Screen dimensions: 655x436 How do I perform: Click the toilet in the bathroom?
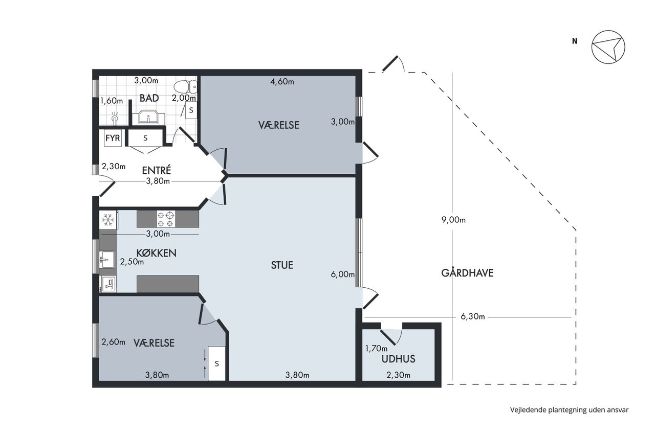pos(186,87)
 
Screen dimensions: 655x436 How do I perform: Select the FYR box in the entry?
pos(113,138)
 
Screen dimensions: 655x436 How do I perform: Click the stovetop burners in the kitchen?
pos(166,219)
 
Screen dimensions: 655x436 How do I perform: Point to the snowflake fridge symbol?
pos(108,220)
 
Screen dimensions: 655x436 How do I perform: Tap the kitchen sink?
pos(106,259)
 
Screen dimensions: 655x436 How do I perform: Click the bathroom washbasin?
pos(148,117)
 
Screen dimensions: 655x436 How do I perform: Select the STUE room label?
pos(282,265)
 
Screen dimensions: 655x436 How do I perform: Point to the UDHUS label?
pos(398,359)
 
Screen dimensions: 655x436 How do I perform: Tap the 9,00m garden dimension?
pos(453,220)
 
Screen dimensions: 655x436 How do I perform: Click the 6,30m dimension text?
pos(472,316)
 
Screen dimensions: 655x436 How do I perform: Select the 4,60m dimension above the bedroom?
pos(282,81)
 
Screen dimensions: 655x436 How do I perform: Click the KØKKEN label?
pos(157,253)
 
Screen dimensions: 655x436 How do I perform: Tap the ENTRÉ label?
pos(157,170)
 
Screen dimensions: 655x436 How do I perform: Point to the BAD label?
pos(149,98)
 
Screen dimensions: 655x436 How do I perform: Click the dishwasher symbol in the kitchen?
pos(108,284)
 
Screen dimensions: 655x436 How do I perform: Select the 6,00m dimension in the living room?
pos(343,274)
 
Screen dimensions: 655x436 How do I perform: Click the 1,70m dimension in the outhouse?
pos(376,349)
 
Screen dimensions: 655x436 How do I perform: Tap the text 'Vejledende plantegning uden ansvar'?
pos(570,410)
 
